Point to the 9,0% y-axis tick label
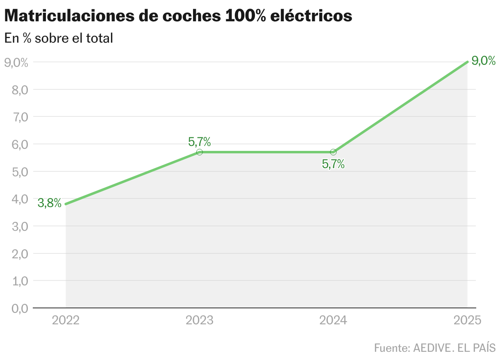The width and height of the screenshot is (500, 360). pos(16,62)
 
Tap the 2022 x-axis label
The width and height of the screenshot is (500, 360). pos(66,320)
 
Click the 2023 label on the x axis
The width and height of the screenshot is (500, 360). pos(200,320)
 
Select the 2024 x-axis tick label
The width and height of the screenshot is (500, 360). pos(333,320)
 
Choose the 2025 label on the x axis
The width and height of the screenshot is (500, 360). pos(467,320)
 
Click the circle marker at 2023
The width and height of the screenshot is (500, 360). pos(200,152)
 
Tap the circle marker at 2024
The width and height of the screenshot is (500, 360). pos(333,152)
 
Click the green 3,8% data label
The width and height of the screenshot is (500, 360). pos(50,203)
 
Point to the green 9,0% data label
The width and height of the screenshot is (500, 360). pos(484,61)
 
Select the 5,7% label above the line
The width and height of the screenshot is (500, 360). pos(200,142)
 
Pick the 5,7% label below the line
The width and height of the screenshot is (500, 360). pos(333,164)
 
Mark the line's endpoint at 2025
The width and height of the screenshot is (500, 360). pos(467,62)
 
